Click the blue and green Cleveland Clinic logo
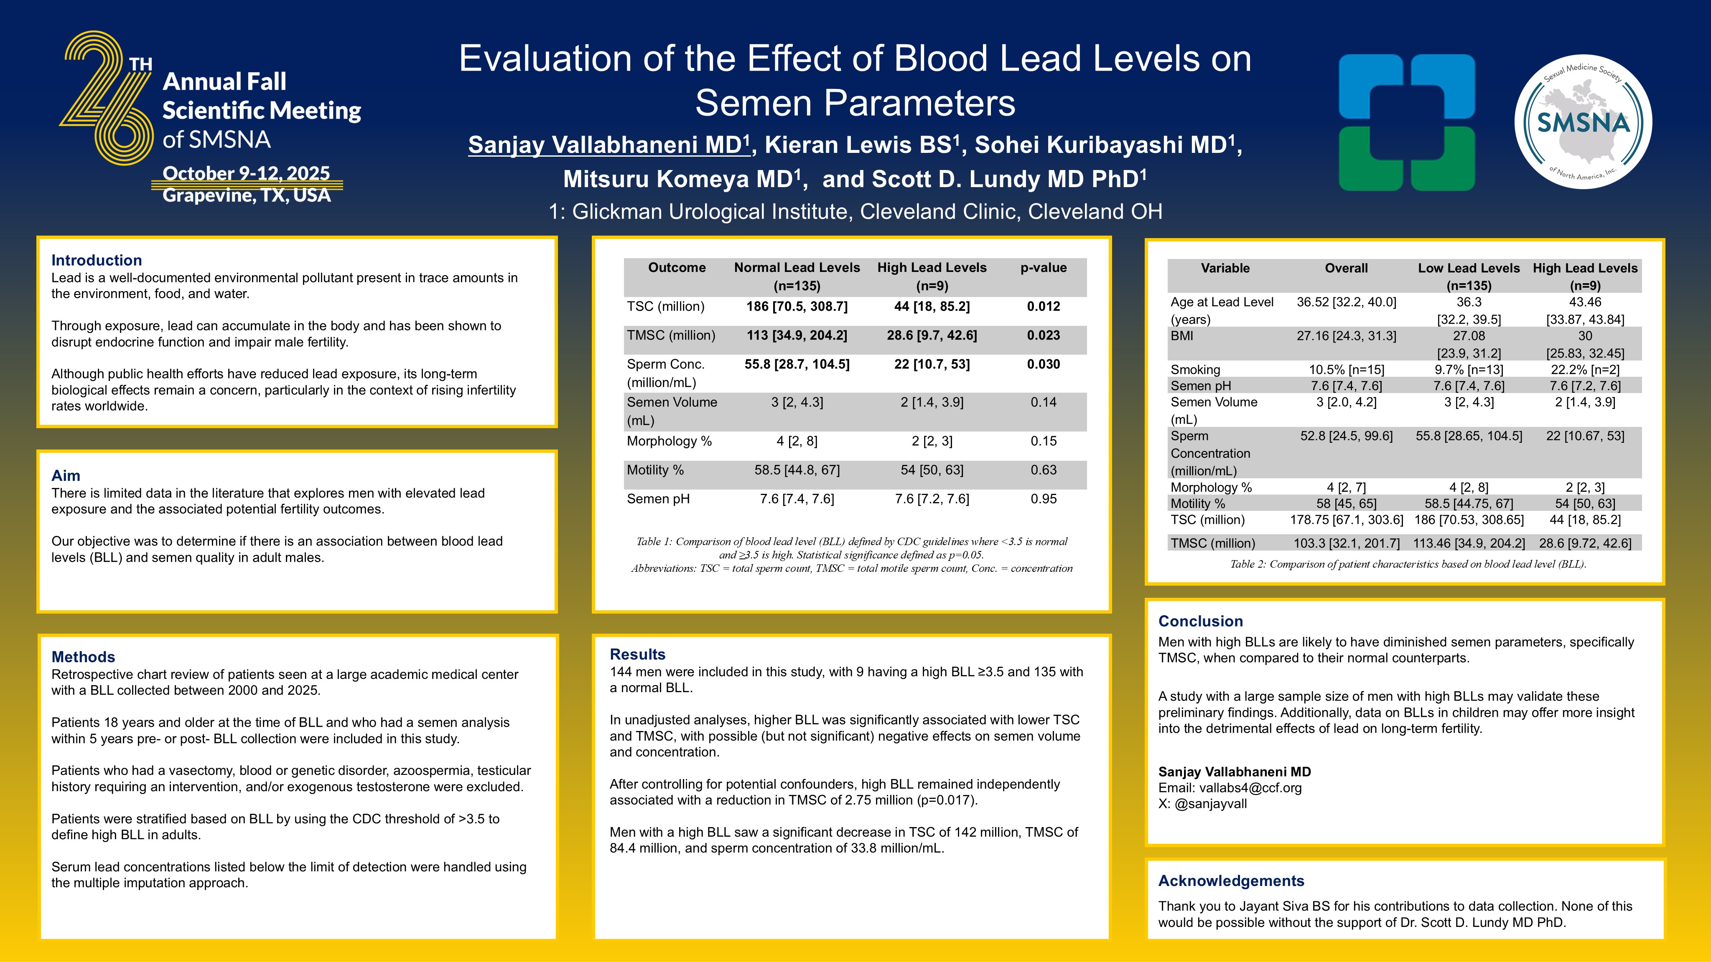point(1406,123)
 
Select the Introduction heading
point(96,260)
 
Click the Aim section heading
point(66,475)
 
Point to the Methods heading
point(83,657)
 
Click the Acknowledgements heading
point(1231,881)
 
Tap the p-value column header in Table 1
point(1044,268)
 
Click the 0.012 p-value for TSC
point(1044,306)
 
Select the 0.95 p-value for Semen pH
point(1044,499)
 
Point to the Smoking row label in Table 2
point(1195,369)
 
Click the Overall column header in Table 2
point(1346,268)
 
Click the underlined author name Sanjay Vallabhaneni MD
point(609,145)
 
